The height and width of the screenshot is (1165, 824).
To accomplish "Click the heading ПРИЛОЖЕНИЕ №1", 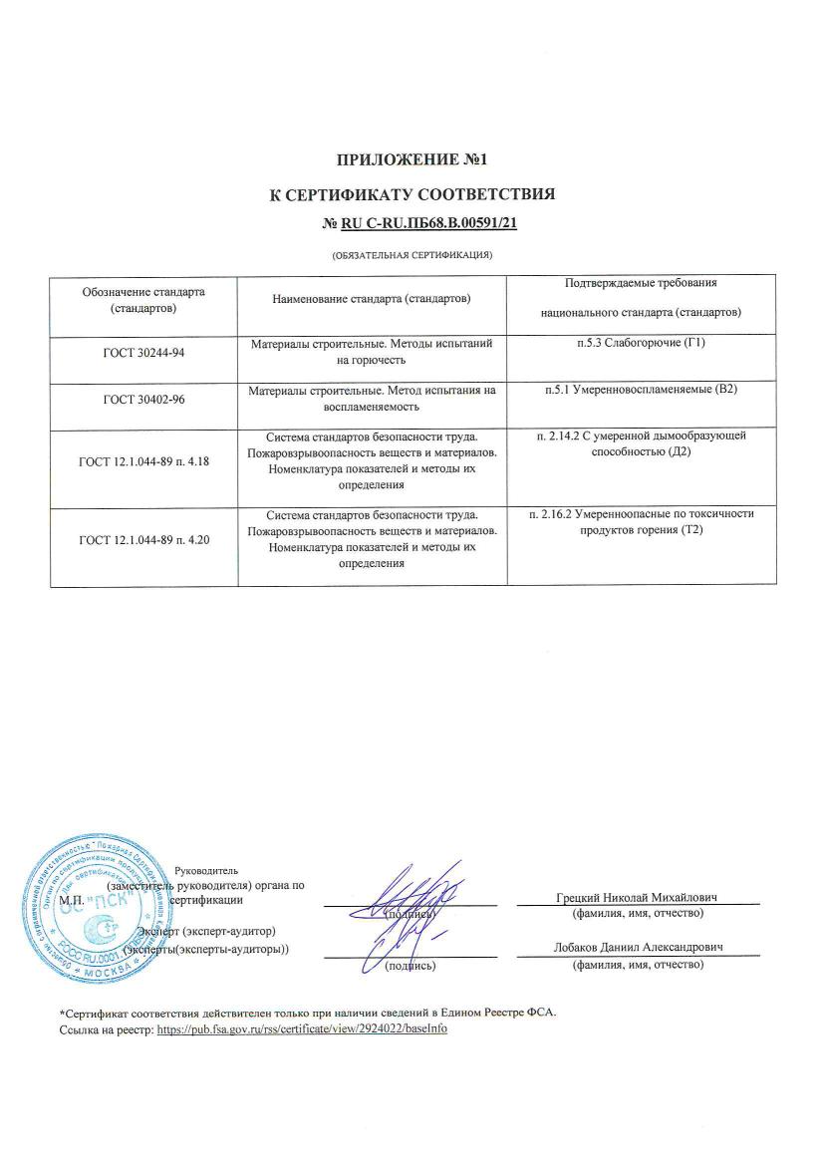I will click(x=412, y=159).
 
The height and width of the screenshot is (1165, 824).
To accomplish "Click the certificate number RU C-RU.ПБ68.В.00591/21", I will click(x=419, y=223).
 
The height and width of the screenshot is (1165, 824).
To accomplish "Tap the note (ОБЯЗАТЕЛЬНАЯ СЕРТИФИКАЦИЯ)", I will click(x=412, y=256).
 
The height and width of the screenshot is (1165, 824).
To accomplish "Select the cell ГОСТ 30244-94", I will click(x=143, y=353).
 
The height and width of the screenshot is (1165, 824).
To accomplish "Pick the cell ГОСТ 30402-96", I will click(x=143, y=400).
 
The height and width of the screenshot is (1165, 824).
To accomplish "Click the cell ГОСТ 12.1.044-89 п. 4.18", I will click(x=143, y=460).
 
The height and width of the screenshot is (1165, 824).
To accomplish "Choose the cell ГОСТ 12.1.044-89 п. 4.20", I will click(x=143, y=540).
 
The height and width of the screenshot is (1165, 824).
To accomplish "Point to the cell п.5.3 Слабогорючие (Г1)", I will click(x=639, y=344).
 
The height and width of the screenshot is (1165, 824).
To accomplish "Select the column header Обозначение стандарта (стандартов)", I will click(x=143, y=300).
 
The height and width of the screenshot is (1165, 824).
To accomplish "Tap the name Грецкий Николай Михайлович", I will click(x=637, y=897).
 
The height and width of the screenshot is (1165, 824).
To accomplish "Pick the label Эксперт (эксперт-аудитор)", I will click(x=206, y=932).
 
